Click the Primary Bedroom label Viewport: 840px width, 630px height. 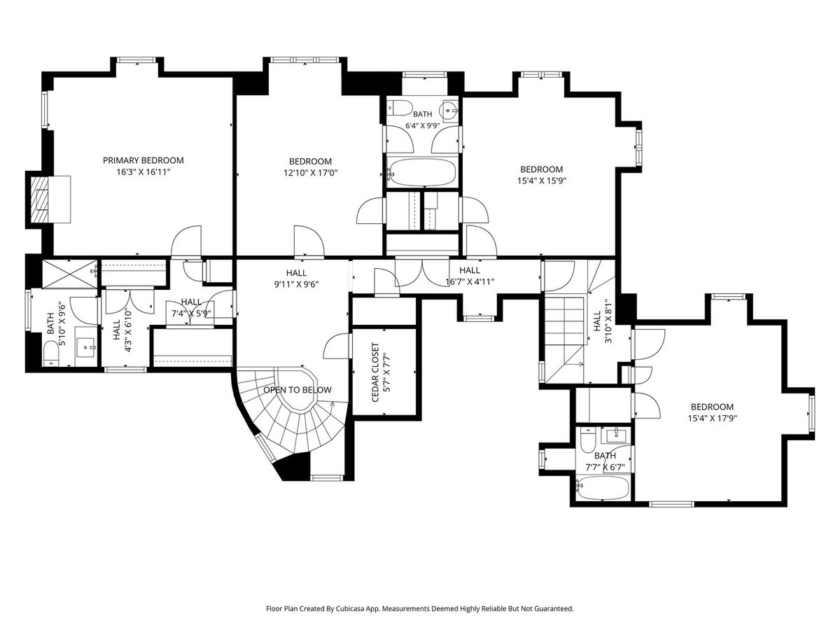click(143, 166)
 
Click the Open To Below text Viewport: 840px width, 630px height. click(297, 390)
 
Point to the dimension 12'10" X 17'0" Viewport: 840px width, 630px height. click(310, 173)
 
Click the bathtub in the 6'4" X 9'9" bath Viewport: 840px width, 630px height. click(423, 172)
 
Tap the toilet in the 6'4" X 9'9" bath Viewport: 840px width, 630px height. click(398, 108)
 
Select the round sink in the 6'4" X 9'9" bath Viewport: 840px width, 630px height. click(448, 110)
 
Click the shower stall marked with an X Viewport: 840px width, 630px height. click(69, 274)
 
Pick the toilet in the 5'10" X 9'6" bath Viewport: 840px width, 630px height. click(50, 353)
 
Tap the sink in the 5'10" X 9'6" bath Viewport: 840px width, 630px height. click(85, 346)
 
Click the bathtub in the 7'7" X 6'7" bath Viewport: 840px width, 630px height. click(603, 488)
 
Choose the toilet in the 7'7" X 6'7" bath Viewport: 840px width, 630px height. click(587, 440)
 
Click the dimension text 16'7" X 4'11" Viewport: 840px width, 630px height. click(470, 282)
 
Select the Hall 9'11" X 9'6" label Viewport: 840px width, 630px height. click(297, 279)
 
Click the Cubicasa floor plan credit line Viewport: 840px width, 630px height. click(420, 608)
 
